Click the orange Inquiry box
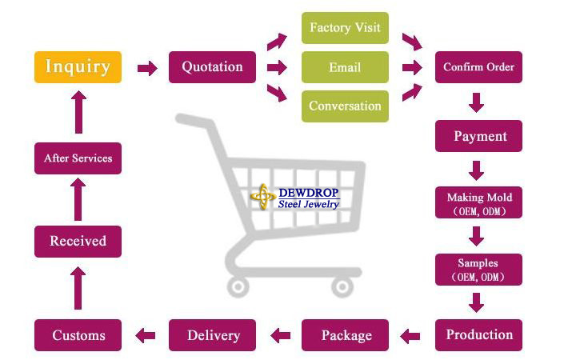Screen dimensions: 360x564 point(78,67)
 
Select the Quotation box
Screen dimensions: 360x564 point(212,67)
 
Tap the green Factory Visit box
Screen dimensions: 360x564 point(345,28)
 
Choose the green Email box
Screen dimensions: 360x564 point(345,67)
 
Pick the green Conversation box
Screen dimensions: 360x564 point(345,106)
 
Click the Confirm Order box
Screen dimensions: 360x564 point(478,67)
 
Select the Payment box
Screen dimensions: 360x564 point(478,136)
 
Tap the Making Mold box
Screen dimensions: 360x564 point(478,203)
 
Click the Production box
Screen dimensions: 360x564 point(478,334)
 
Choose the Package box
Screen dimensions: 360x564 point(346,334)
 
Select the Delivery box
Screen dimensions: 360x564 point(212,334)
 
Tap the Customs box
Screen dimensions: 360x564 point(78,334)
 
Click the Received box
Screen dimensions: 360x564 point(78,241)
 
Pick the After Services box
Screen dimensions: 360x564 point(78,158)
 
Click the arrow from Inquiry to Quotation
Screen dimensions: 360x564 point(147,68)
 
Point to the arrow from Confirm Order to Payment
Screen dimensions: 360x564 point(477,102)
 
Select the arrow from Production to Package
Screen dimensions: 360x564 point(410,335)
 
